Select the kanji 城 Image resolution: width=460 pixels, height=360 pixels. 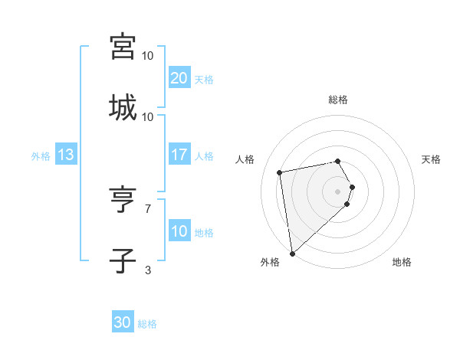click(x=123, y=108)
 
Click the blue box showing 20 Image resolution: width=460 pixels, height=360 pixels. click(x=179, y=78)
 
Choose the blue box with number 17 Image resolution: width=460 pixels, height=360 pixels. click(x=179, y=155)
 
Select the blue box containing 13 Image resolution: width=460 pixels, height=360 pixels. click(x=65, y=155)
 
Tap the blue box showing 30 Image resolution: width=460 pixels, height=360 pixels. click(x=123, y=322)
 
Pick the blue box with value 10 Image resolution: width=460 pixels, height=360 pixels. click(x=179, y=231)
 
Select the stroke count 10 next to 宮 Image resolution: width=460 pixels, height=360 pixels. click(x=148, y=56)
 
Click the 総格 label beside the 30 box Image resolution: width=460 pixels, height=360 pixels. click(x=147, y=324)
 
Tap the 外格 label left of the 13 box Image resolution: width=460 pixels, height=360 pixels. click(x=41, y=156)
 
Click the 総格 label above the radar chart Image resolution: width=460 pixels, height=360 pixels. click(x=338, y=100)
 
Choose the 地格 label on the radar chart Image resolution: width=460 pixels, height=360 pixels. click(x=402, y=262)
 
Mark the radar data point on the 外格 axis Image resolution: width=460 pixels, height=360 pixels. click(x=292, y=254)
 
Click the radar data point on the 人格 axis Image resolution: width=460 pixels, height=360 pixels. click(x=280, y=172)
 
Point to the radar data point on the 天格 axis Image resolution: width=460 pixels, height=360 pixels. click(x=352, y=186)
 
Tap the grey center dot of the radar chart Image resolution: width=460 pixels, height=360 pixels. click(x=338, y=191)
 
